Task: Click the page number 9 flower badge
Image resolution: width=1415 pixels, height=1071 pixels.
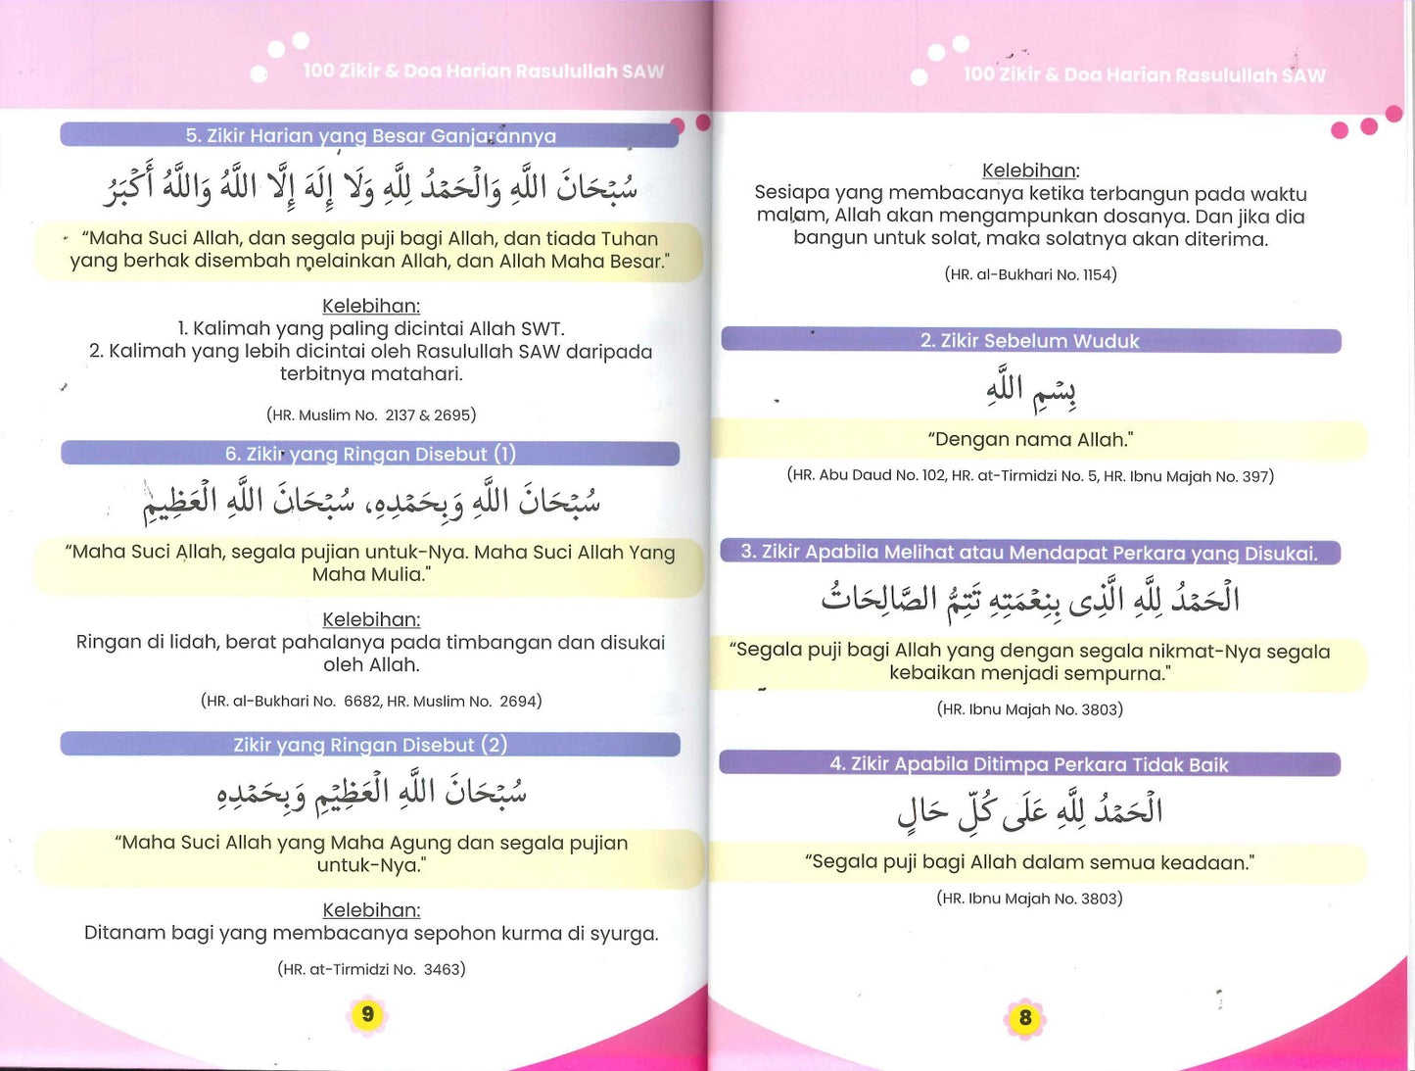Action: (368, 1014)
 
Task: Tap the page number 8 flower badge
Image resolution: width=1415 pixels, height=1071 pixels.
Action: (1025, 1018)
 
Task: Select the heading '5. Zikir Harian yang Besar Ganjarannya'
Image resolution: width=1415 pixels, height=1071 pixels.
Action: (370, 136)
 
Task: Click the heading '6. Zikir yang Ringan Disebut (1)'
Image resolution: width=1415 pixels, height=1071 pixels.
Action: (370, 454)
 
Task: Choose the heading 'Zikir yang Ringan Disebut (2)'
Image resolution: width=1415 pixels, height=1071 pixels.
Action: (370, 745)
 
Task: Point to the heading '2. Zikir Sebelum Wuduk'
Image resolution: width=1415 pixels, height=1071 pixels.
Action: (1029, 341)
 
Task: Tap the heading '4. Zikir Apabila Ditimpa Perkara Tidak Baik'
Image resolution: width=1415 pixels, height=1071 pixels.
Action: (1028, 764)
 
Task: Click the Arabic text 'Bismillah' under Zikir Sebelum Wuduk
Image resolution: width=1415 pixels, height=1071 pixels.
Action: (1031, 390)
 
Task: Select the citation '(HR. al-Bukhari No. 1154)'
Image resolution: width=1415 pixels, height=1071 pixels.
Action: (1030, 274)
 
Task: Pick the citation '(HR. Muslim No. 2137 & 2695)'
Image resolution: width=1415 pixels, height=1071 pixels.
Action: (371, 415)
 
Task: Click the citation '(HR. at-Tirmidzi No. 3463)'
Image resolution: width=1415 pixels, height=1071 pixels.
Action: (371, 969)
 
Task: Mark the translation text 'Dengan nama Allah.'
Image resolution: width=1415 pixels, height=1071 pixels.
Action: (1030, 440)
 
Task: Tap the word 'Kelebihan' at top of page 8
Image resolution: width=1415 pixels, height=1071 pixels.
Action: (1029, 170)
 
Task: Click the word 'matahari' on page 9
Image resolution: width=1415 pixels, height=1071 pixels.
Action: (422, 374)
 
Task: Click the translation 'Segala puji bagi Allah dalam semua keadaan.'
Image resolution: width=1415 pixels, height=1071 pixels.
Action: (1029, 863)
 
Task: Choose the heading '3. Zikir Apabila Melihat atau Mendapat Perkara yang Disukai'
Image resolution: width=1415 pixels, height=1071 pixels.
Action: (1029, 553)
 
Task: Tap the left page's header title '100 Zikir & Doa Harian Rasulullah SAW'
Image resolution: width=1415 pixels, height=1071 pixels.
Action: (483, 72)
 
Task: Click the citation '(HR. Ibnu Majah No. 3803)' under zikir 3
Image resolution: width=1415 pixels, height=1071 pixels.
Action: (1029, 709)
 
